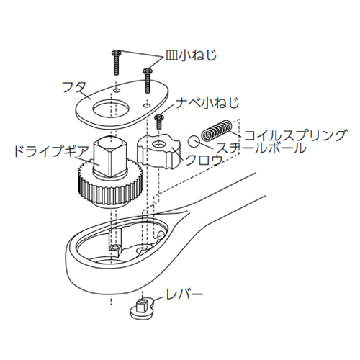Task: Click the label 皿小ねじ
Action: [191, 55]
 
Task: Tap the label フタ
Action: [74, 88]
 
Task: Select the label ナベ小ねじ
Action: [207, 103]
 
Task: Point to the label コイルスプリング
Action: [295, 135]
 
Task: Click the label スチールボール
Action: [261, 147]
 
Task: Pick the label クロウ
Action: [203, 160]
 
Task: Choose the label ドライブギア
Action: [51, 151]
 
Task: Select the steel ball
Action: [194, 142]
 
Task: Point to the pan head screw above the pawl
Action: [158, 122]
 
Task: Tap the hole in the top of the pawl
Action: [158, 144]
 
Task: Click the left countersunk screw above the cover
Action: [116, 63]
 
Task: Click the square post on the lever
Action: [142, 305]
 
